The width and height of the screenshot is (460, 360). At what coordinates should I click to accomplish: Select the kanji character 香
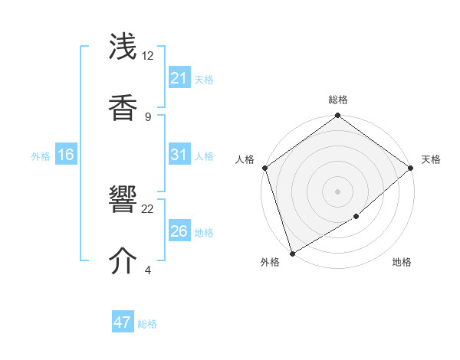pos(123,106)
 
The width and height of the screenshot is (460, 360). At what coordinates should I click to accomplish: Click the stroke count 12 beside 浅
pos(148,56)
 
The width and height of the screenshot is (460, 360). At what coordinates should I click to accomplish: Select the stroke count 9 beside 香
pos(148,116)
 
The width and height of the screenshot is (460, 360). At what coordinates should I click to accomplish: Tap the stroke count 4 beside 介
pos(148,270)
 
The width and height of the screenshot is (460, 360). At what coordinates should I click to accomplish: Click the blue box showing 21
pos(179,78)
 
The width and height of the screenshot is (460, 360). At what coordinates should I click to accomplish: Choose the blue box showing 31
pos(179,155)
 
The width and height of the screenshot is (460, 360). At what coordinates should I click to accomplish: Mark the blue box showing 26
pos(179,231)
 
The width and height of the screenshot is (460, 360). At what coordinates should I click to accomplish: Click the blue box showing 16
pos(66,155)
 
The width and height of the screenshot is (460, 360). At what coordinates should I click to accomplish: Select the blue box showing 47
pos(123,323)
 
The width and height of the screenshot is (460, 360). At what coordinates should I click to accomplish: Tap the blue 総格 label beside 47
pos(147,324)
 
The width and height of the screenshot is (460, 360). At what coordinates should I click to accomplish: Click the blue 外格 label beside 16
pos(41,155)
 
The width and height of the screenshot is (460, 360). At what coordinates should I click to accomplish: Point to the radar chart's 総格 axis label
pos(338,100)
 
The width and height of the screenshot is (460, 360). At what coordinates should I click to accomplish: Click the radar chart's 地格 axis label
pos(402,263)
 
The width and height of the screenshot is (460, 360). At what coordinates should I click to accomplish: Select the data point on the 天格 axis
pos(411,168)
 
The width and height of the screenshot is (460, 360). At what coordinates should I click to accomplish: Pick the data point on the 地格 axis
pos(356,217)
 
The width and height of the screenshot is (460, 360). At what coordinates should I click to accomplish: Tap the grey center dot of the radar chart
pos(338,191)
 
